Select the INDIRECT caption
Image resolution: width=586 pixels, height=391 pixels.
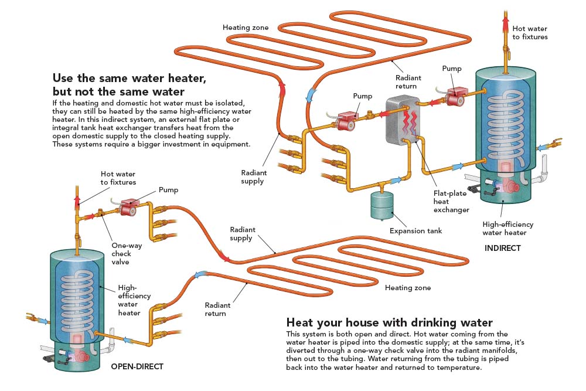[502, 248]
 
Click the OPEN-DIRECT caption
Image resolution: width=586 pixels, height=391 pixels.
[137, 367]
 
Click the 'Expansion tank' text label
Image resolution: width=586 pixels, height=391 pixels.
[415, 230]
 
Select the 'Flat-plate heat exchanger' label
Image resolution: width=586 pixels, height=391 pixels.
[451, 201]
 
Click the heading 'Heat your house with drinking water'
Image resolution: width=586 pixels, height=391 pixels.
[390, 322]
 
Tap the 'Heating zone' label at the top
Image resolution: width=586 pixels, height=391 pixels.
[246, 28]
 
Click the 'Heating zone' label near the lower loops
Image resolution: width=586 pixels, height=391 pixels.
[408, 288]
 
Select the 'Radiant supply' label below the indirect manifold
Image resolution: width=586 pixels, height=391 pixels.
[254, 176]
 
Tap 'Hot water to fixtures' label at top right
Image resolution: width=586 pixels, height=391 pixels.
[530, 32]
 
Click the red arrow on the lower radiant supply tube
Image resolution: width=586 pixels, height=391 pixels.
[224, 256]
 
